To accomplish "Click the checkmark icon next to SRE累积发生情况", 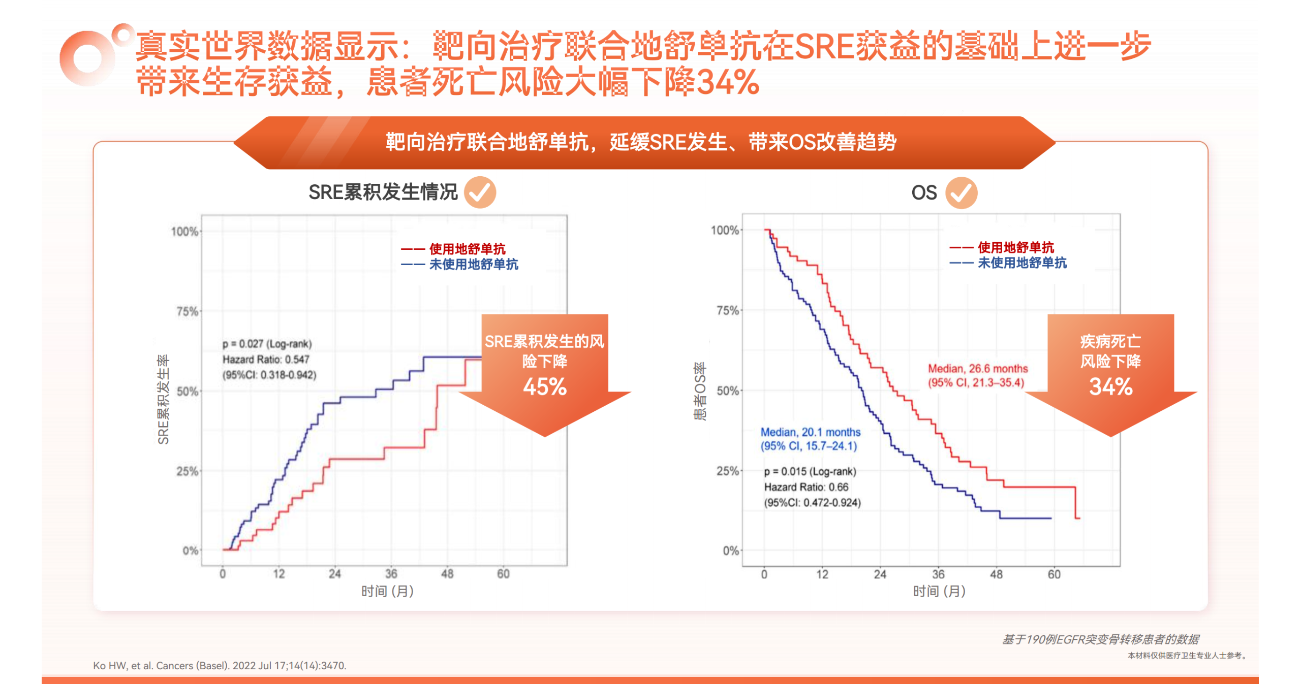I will tap(479, 192).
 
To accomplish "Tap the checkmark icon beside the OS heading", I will tap(961, 193).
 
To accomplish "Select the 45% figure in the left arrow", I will tap(544, 387).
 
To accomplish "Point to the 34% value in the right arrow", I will tap(1110, 387).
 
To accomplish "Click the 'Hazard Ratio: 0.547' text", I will tap(266, 360).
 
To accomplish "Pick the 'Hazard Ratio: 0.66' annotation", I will tap(806, 487).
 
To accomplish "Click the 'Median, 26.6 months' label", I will tap(977, 369).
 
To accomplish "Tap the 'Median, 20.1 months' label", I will tap(810, 432).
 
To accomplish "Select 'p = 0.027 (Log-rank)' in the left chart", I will tap(267, 344).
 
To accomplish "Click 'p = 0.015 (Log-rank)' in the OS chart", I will tap(810, 472).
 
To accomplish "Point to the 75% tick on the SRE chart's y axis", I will tap(187, 311).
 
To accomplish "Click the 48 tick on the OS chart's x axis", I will tap(996, 574).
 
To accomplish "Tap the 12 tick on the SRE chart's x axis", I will tap(278, 574).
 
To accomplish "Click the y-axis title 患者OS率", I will tap(700, 390).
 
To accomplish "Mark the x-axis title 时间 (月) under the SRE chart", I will tap(387, 591).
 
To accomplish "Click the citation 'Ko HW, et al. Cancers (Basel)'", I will tap(220, 665).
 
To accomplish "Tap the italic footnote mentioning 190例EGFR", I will tap(1100, 639).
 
